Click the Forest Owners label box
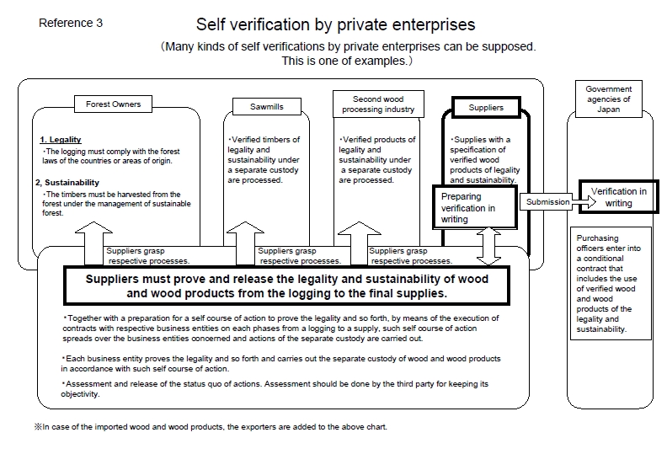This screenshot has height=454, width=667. [113, 104]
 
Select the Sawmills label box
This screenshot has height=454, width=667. [267, 107]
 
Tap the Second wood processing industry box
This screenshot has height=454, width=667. [378, 104]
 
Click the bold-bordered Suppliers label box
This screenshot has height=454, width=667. [486, 108]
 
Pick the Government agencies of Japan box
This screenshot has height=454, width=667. [608, 99]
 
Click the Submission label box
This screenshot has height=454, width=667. [547, 201]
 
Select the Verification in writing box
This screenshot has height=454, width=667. [618, 197]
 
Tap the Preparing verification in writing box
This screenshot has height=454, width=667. [475, 208]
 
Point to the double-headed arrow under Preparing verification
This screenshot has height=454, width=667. [488, 246]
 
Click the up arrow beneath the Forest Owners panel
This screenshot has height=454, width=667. [93, 243]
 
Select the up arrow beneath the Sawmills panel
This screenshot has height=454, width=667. [245, 243]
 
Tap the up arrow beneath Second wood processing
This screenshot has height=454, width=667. [359, 243]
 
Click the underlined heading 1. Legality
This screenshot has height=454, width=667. [61, 140]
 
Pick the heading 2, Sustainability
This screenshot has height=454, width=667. [67, 183]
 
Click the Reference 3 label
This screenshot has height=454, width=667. [71, 23]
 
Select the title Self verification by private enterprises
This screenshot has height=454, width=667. [336, 24]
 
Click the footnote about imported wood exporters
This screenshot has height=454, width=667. [211, 427]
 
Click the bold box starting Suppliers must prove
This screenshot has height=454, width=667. [286, 286]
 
